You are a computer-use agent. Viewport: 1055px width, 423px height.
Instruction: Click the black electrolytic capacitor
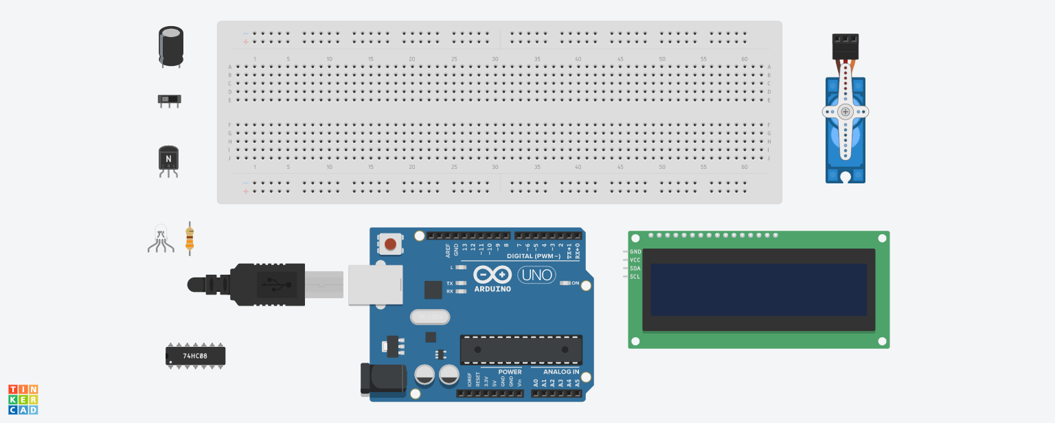coord(171,47)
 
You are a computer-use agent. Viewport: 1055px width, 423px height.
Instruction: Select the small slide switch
coord(170,100)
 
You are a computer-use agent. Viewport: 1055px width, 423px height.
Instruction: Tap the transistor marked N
coord(168,159)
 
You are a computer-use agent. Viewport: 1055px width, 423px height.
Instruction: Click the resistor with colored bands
coord(190,238)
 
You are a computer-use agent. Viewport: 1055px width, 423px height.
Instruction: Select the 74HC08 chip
coord(196,356)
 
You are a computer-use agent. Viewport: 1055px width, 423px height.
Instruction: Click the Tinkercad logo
coord(23,400)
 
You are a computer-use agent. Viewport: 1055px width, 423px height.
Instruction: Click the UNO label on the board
coord(536,275)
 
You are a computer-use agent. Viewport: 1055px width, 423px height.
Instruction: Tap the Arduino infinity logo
coord(492,275)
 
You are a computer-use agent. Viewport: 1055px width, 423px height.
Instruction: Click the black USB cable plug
coord(268,284)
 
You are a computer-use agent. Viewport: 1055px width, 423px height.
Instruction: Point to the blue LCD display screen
coord(758,290)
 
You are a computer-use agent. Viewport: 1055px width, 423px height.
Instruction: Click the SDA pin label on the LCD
coord(635,268)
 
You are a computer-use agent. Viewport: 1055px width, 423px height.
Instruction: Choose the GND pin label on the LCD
coord(635,252)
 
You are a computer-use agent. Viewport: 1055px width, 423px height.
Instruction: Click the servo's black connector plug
coord(845,46)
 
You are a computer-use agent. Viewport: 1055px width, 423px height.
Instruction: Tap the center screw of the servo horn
coord(846,111)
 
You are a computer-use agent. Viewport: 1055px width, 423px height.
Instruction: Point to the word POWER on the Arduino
coord(510,371)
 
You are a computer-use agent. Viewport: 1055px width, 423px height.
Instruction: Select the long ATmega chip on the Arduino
coord(521,349)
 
